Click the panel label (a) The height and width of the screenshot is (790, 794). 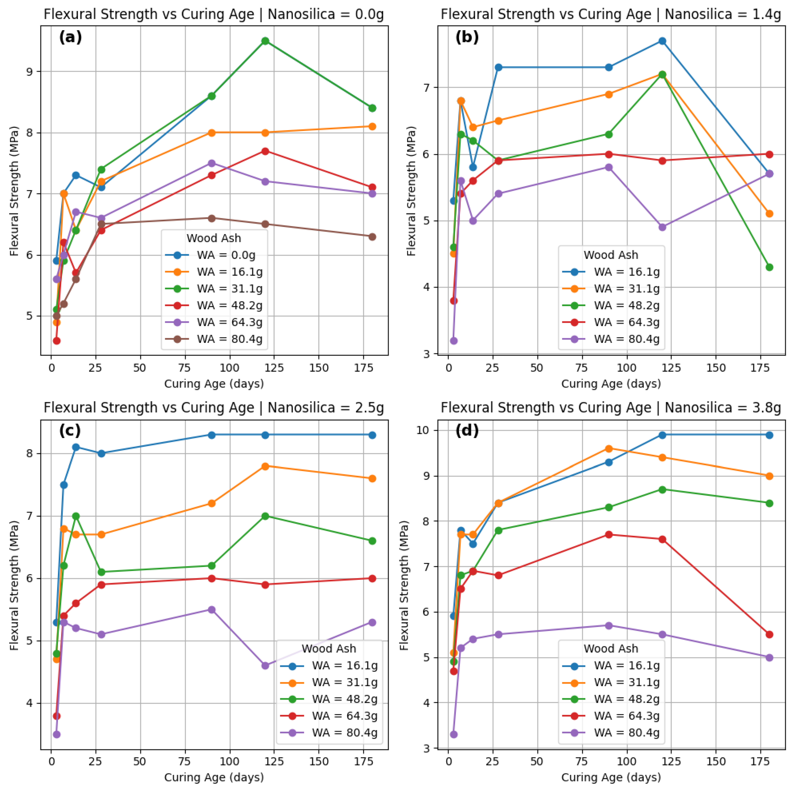(70, 37)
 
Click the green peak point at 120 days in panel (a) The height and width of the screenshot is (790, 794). (265, 41)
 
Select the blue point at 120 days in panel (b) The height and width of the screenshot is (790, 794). (662, 41)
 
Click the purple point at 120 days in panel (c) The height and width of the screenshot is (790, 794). (265, 665)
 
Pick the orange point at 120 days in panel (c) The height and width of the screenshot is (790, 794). (265, 466)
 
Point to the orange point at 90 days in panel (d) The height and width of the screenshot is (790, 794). (609, 449)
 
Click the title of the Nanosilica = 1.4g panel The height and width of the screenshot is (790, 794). (611, 14)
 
